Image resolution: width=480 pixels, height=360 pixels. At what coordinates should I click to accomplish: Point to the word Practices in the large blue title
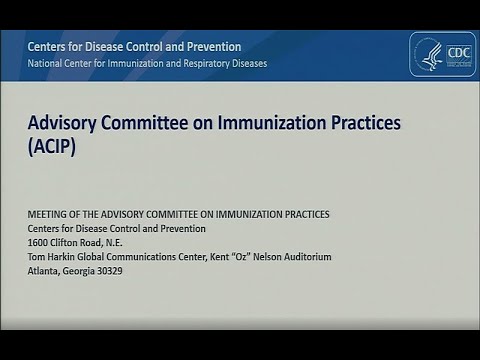[358, 122]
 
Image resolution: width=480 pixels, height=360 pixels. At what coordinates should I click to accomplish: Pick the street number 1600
[39, 243]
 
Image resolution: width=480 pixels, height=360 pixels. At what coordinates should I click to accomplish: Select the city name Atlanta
[44, 271]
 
